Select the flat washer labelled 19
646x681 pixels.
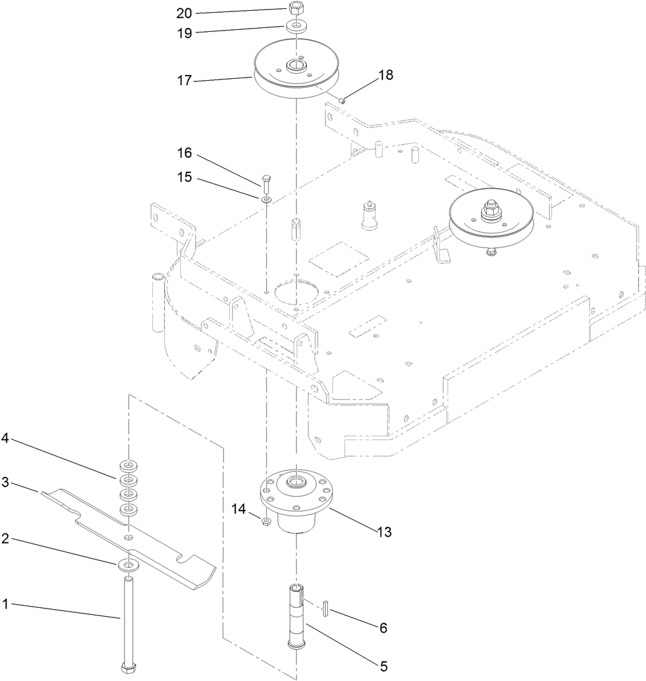pyautogui.click(x=295, y=26)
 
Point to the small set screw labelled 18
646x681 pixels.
pyautogui.click(x=342, y=99)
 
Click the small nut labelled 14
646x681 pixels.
pyautogui.click(x=267, y=521)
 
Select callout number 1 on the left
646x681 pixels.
pyautogui.click(x=5, y=605)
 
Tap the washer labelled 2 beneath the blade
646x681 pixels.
pyautogui.click(x=129, y=564)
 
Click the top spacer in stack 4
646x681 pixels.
pyautogui.click(x=129, y=464)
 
